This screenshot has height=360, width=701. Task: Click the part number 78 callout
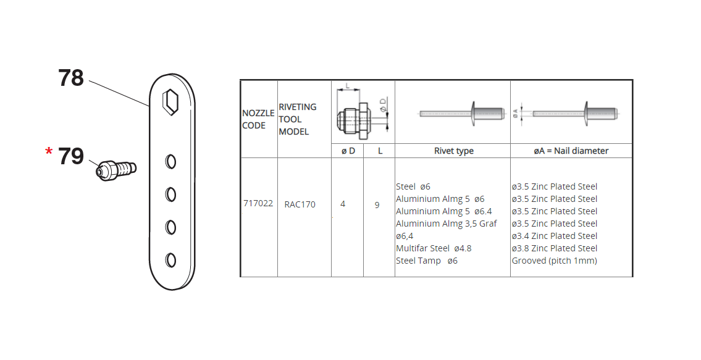71,78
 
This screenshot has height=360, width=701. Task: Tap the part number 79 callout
71,156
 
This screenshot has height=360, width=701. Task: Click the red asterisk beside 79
49,152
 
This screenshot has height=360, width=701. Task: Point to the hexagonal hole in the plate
170,102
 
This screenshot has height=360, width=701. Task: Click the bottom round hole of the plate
170,260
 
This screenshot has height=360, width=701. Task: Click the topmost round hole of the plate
170,161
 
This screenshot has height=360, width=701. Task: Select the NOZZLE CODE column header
258,119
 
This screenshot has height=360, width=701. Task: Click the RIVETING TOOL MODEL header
297,119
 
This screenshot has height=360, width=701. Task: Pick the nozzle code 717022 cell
258,204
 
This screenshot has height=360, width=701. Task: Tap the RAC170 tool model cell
300,204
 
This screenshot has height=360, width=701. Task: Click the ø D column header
348,151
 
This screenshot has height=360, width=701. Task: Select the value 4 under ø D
343,204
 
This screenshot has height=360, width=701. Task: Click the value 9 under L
377,205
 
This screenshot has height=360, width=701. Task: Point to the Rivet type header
454,151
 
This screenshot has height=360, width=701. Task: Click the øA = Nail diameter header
571,151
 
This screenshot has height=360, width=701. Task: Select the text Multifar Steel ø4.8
434,248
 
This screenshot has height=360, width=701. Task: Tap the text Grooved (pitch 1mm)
555,261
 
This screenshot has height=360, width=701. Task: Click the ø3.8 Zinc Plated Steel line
555,248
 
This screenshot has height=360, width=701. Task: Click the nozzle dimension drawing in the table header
363,112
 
